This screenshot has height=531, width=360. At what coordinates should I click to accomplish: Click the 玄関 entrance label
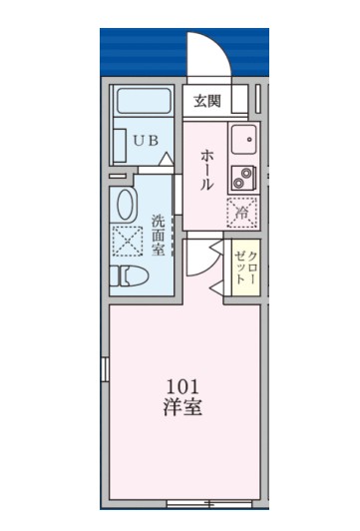pyautogui.click(x=207, y=100)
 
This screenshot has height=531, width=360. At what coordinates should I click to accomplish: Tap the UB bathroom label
pyautogui.click(x=146, y=141)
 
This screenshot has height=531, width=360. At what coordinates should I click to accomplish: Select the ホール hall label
pyautogui.click(x=206, y=170)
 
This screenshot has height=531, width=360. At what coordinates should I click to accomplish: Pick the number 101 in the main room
pyautogui.click(x=182, y=387)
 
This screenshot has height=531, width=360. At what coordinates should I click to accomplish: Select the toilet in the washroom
pyautogui.click(x=130, y=273)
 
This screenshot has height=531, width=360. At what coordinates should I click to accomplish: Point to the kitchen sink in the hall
pyautogui.click(x=244, y=141)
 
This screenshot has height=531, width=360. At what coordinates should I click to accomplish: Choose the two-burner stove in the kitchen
pyautogui.click(x=244, y=178)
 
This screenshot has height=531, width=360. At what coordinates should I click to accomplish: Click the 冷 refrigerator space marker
pyautogui.click(x=241, y=212)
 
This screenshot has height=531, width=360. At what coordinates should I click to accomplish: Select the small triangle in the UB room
pyautogui.click(x=168, y=158)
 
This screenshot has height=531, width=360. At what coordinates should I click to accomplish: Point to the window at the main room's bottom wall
pyautogui.click(x=195, y=501)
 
